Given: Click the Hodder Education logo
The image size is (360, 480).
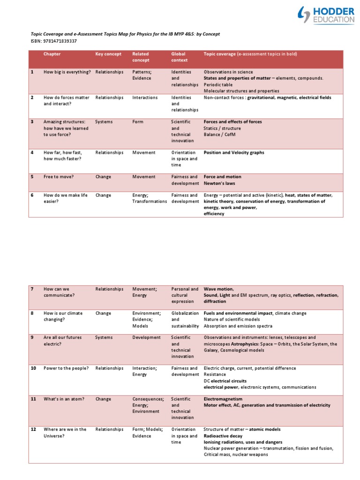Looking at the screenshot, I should [x=325, y=15].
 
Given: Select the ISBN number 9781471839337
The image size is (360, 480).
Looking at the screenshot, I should [x=59, y=41].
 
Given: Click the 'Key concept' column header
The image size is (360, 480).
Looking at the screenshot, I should [x=108, y=54].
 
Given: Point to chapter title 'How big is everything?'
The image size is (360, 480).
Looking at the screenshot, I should [x=67, y=72].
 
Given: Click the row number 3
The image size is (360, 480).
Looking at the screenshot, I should [x=32, y=122].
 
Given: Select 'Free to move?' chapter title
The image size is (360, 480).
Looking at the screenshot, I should [x=59, y=177].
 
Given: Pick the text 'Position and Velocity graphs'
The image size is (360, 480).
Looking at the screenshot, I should [x=233, y=152].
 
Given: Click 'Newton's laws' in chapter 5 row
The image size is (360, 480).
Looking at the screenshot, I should [x=219, y=183].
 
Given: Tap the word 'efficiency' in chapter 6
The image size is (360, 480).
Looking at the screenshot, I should [x=214, y=214].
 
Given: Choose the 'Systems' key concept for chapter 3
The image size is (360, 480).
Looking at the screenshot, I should [x=104, y=122].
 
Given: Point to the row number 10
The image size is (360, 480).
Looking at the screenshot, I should [x=33, y=368].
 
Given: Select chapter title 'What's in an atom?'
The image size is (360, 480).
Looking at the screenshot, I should [x=64, y=399].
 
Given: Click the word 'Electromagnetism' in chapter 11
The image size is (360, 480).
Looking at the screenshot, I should [x=223, y=399].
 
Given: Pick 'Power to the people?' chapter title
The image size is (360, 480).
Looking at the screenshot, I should [x=66, y=368].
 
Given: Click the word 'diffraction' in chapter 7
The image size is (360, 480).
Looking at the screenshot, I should [x=215, y=302].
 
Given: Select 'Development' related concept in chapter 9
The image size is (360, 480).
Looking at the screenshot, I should [x=146, y=337].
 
